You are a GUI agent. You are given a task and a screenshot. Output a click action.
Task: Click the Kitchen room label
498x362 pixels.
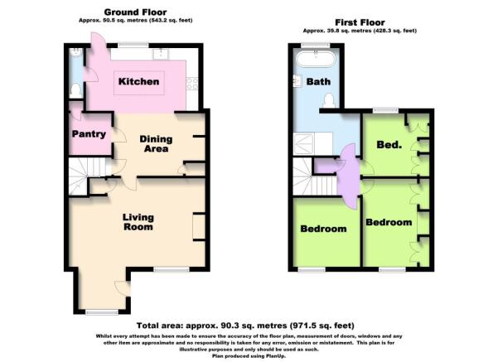click(138, 82)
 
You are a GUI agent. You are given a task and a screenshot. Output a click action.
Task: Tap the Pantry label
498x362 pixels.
click(89, 134)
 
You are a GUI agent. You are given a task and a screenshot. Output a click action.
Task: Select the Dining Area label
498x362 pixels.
click(156, 144)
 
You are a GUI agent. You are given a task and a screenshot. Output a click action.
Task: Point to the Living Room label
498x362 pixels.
click(138, 222)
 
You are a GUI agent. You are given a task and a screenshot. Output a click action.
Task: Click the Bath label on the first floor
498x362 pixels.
click(318, 82)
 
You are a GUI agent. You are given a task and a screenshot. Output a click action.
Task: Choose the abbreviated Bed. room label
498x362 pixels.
click(389, 145)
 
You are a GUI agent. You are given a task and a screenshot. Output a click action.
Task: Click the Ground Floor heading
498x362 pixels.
click(135, 12)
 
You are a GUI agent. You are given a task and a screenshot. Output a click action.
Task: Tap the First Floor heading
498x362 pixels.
click(360, 22)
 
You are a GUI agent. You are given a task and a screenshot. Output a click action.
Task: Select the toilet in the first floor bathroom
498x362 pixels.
click(329, 101)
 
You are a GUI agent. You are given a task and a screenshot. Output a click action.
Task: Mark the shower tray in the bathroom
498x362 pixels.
click(303, 143)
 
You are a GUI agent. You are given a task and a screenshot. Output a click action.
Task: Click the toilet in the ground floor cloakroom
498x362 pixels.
click(75, 90)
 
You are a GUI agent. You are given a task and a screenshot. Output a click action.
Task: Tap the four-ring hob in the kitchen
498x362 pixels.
click(192, 84)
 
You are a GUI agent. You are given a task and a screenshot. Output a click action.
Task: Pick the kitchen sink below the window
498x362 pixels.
click(161, 55)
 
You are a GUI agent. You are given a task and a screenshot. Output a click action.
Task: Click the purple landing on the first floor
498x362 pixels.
click(348, 176)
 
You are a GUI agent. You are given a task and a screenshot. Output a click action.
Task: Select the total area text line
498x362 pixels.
click(245, 326)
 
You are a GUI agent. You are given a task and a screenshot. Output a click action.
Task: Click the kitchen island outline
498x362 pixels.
click(139, 83)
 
